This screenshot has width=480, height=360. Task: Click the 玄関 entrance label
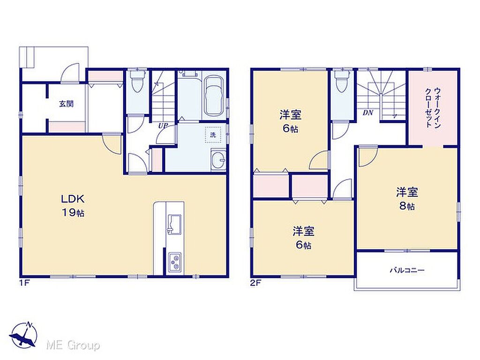point(67,104)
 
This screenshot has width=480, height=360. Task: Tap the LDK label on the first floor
point(73,199)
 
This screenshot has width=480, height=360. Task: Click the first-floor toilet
point(135,80)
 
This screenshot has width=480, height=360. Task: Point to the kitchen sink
point(174,225)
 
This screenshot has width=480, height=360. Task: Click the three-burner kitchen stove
point(175,262)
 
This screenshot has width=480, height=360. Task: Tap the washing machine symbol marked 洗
point(213,135)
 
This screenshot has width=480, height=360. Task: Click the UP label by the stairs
point(163,126)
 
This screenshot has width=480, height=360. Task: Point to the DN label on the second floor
point(367,112)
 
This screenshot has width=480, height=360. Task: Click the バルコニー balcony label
point(407,270)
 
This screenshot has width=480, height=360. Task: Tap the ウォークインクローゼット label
point(433,108)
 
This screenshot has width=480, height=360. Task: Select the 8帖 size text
point(407,206)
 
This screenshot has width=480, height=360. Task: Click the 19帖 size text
point(73,213)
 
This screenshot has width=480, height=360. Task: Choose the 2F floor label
point(255,283)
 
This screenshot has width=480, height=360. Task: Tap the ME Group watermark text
point(73,345)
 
